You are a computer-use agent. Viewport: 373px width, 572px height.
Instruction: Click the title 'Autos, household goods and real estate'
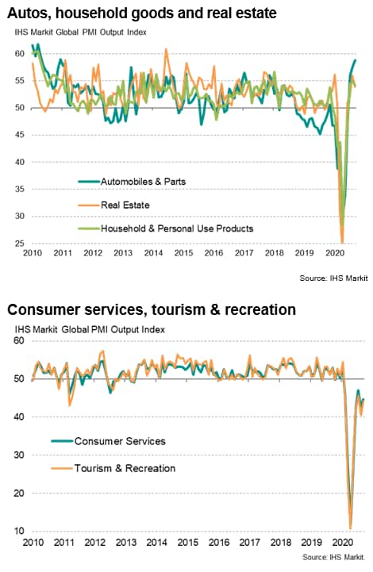142,13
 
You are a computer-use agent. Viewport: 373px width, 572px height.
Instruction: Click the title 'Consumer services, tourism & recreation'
152,309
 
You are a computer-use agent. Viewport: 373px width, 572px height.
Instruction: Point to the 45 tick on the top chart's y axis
19,135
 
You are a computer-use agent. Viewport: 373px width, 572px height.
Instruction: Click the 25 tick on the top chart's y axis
19,244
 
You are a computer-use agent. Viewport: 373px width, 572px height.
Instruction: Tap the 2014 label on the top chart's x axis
153,253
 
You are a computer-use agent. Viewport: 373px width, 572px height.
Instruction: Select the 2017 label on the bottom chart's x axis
250,543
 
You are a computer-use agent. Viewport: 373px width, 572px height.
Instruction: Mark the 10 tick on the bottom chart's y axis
19,531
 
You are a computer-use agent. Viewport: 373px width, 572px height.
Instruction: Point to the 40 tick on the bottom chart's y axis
19,417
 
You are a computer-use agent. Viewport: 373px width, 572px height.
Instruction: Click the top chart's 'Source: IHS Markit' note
333,278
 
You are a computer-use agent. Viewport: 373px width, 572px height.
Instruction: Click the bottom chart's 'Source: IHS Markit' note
333,558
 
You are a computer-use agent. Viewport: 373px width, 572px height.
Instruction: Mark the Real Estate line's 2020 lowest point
342,243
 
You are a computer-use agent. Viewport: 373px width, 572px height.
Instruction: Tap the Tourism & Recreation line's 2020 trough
351,528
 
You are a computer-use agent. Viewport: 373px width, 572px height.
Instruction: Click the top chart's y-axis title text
81,33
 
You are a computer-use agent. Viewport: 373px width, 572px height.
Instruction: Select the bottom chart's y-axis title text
90,330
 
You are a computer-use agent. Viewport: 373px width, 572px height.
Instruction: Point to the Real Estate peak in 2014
167,49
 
